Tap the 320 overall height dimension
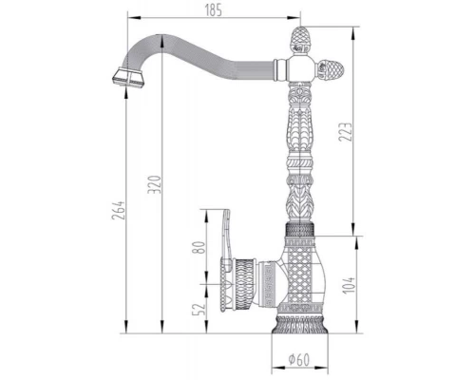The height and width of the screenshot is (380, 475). pyautogui.click(x=167, y=180)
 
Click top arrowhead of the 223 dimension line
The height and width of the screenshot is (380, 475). pyautogui.click(x=352, y=27)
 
